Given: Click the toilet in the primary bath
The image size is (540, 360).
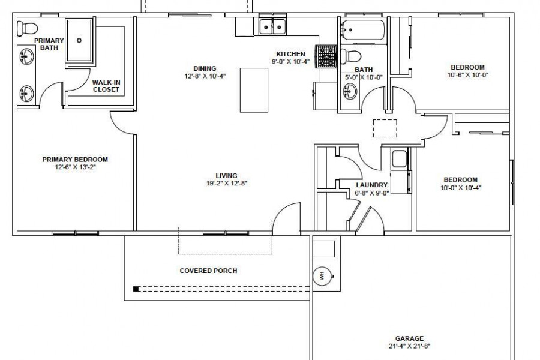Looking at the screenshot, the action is (x=27, y=28).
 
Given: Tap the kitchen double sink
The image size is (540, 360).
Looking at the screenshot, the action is (x=272, y=26).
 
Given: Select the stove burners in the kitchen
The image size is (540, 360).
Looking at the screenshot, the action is (x=326, y=56).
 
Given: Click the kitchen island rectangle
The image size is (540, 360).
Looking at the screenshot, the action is (x=254, y=90).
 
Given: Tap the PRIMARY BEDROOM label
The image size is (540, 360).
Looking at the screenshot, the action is (x=75, y=160).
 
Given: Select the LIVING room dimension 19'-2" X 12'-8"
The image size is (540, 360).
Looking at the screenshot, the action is (x=227, y=183).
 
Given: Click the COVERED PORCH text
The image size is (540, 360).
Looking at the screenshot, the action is (x=208, y=271).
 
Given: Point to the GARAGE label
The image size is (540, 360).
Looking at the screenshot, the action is (x=409, y=338).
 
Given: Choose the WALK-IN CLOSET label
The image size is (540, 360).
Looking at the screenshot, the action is (x=106, y=86).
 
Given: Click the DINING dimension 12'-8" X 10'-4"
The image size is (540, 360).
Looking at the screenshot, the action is (x=205, y=76).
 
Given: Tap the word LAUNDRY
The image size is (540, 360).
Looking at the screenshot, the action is (x=371, y=185).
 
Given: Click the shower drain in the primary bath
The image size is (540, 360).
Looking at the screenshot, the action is (x=79, y=40).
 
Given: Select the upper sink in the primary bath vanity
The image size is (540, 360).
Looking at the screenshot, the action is (x=26, y=56).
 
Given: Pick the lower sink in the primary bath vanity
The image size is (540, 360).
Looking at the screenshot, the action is (x=26, y=94).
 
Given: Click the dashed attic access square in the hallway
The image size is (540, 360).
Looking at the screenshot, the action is (x=385, y=128).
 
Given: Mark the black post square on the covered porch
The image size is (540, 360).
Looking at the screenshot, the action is (x=136, y=289).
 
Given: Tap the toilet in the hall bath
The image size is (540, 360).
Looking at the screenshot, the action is (x=350, y=56).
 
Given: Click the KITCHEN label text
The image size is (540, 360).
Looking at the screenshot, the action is (x=290, y=54).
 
